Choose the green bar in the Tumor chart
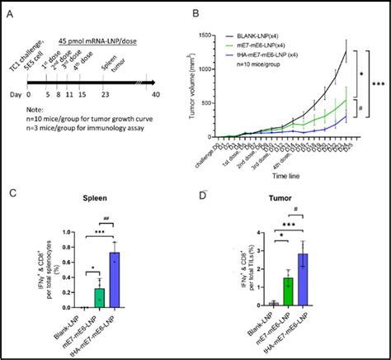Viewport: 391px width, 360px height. click(x=289, y=292)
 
